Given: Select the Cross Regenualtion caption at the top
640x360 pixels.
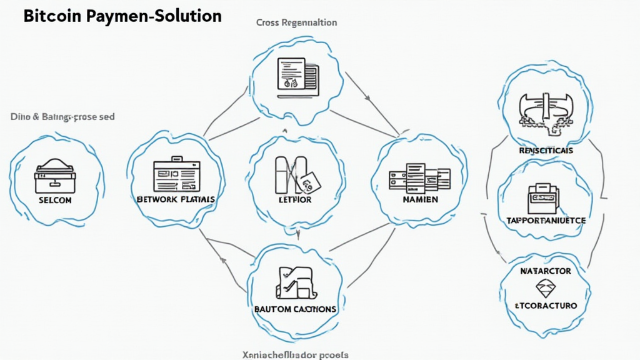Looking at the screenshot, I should [x=296, y=22].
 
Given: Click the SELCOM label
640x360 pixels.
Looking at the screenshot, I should [x=55, y=200].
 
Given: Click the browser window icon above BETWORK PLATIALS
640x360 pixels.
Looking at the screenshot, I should [x=176, y=174].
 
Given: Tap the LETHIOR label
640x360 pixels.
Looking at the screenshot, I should [x=294, y=199].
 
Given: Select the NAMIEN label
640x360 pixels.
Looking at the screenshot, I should [x=419, y=199].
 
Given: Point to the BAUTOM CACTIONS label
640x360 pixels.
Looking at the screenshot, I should [x=296, y=309].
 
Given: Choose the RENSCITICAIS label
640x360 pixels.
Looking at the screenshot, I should [x=546, y=151].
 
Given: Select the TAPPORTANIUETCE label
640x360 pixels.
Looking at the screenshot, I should [x=546, y=221].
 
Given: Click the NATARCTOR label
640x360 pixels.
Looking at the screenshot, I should [x=546, y=272].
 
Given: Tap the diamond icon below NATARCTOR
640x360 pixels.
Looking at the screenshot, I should [x=546, y=288].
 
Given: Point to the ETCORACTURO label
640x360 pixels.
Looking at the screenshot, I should [x=546, y=306].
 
